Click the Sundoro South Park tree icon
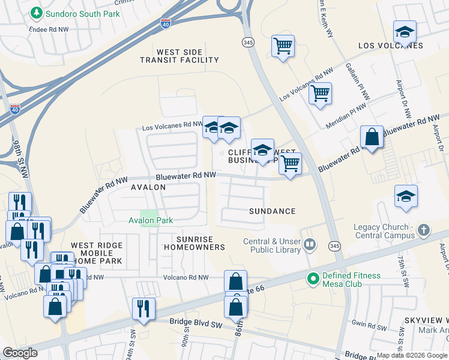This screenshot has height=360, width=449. pyautogui.click(x=37, y=13)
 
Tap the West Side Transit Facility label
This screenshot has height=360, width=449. pyautogui.click(x=179, y=56)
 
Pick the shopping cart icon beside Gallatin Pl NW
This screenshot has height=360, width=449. pyautogui.click(x=321, y=93)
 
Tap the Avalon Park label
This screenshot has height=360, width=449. pyautogui.click(x=151, y=220)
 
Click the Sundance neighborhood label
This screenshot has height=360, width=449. pyautogui.click(x=273, y=211)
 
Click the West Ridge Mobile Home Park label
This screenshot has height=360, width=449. pyautogui.click(x=97, y=253)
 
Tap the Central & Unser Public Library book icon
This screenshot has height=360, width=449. pyautogui.click(x=310, y=244)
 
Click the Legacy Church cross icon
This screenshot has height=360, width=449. pyautogui.click(x=424, y=230)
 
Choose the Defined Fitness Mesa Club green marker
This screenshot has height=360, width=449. pyautogui.click(x=313, y=278)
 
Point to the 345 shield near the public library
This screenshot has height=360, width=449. pyautogui.click(x=334, y=246)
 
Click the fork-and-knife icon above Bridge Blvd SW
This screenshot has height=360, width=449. pyautogui.click(x=143, y=308)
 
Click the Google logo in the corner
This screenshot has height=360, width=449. pyautogui.click(x=20, y=352)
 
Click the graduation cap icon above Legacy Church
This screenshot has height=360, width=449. pyautogui.click(x=406, y=196)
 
